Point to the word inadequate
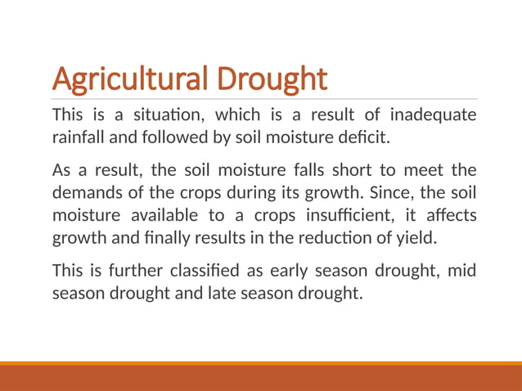(x=432, y=114)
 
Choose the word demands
(x=84, y=193)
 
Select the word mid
(x=461, y=272)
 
